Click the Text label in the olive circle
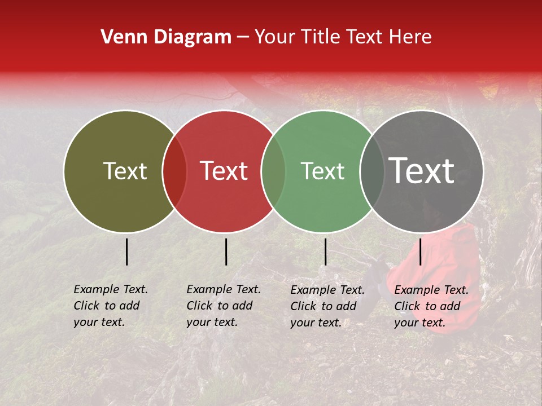point(125,171)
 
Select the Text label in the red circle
point(224,171)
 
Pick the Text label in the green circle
point(322,171)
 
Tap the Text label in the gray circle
point(421,171)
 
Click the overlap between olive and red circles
point(174,171)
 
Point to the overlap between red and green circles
point(273,171)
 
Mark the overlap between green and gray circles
point(372,171)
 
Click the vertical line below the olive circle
point(127,251)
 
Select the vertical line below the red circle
point(226,251)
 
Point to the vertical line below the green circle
point(325,251)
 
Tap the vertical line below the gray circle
point(421,251)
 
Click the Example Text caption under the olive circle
point(110,306)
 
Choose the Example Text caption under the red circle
point(223,306)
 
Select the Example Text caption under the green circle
point(327,306)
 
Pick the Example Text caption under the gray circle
point(431,306)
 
